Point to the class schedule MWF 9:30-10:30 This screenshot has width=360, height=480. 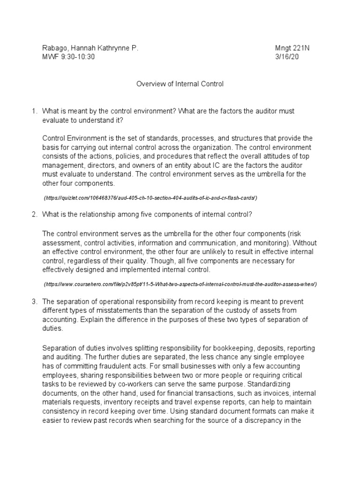[71, 57]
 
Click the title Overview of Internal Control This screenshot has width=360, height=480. [180, 84]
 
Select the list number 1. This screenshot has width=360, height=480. [34, 111]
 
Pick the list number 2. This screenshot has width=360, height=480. [34, 215]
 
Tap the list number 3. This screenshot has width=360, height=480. [34, 302]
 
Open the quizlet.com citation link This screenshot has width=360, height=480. [150, 198]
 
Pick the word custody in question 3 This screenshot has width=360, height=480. [270, 311]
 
